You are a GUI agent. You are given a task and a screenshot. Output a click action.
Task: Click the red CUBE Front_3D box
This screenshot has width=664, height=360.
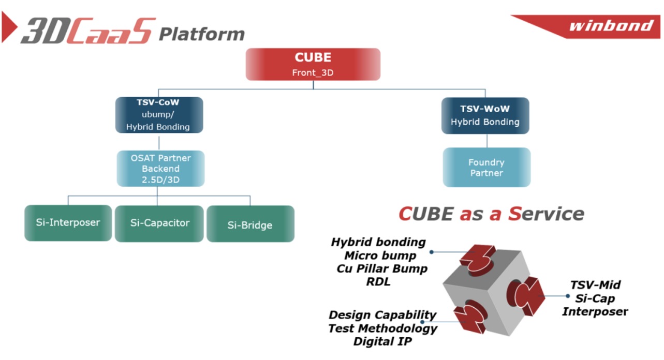click(x=313, y=64)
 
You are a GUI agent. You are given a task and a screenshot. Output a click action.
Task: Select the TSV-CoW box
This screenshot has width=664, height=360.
click(x=159, y=115)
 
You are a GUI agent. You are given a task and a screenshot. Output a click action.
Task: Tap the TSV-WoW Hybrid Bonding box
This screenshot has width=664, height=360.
click(x=485, y=115)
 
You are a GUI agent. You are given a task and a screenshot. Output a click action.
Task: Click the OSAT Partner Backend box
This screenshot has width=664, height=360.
click(x=160, y=169)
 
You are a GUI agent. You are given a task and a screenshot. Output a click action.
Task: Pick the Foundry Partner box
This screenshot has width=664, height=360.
click(x=486, y=168)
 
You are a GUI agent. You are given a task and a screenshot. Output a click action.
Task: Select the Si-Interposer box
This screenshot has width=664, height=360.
click(x=68, y=223)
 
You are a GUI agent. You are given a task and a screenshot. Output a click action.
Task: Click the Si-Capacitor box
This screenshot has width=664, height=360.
click(x=160, y=223)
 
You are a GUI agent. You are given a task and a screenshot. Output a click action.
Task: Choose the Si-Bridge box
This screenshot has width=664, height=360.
click(x=250, y=224)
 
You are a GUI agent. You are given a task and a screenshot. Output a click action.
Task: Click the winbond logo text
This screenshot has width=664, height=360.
click(x=611, y=26)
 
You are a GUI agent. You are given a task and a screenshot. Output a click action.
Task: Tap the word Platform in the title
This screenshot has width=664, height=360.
click(x=201, y=34)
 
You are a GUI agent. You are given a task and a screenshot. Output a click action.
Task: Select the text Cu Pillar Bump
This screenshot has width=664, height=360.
click(x=382, y=269)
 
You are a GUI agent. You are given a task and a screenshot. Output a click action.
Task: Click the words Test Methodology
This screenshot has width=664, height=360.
click(x=382, y=328)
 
